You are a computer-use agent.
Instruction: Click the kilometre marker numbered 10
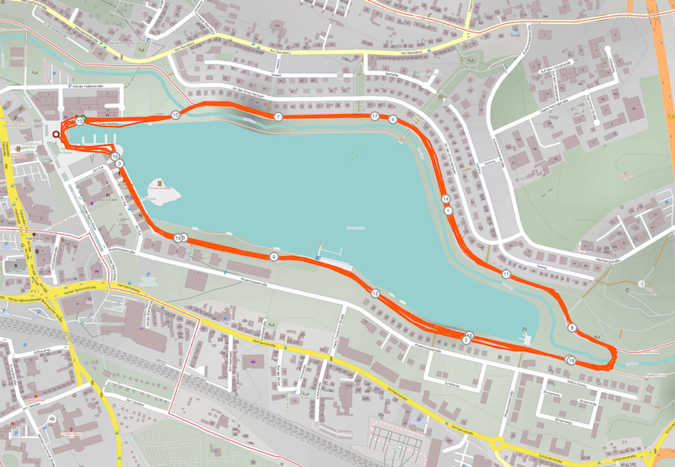175,115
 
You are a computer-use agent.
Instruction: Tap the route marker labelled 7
279,117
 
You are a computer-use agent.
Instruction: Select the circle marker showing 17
375,117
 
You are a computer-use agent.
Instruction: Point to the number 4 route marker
393,120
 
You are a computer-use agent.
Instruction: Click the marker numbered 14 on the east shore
446,199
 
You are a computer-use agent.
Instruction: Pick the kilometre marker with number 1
448,211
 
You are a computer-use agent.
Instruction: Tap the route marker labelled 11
505,274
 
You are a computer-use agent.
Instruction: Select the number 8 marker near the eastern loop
572,328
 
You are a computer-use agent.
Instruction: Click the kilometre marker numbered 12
375,293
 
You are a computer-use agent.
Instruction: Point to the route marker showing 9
273,258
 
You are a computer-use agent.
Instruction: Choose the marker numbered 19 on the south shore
178,238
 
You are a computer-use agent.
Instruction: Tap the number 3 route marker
121,164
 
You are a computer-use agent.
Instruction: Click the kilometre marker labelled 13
79,122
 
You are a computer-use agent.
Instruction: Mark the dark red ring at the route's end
56,134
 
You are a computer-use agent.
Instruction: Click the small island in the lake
162,193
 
